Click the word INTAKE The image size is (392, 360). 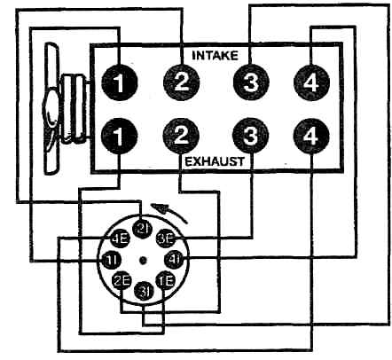coord(215,55)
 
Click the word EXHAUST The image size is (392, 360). coord(215,161)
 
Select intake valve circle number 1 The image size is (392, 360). coord(120,82)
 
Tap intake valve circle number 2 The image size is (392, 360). coord(182,82)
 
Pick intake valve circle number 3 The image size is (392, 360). coord(251,82)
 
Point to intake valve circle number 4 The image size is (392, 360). coord(311,82)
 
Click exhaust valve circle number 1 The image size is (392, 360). coord(119,136)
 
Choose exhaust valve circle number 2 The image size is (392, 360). coord(181,136)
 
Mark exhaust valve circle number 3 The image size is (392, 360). coord(251,136)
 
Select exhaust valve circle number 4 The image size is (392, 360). coord(311,137)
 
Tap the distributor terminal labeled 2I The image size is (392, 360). coord(143,228)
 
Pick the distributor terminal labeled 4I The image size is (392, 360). coord(174,259)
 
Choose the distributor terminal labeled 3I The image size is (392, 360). coord(144,291)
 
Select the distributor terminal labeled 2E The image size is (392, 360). coord(122,280)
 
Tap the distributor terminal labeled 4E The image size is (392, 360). coord(120,239)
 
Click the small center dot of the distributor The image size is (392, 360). coord(143,260)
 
